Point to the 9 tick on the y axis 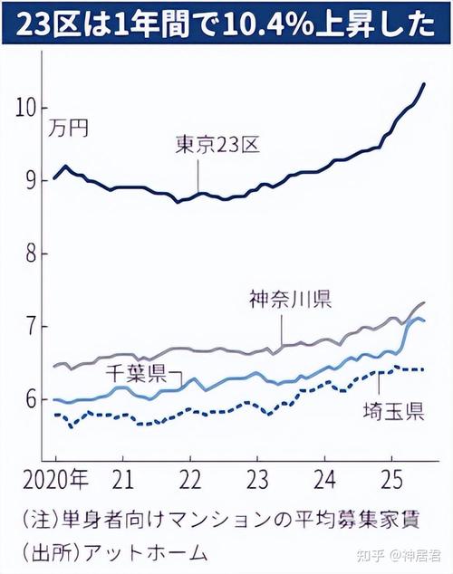tap(31, 181)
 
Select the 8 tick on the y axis tap(31, 254)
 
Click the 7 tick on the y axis tap(31, 326)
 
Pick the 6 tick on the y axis tap(31, 399)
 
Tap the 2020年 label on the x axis tap(56, 478)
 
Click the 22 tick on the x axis tap(190, 478)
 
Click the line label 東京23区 tap(218, 143)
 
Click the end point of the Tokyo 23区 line tap(425, 84)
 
